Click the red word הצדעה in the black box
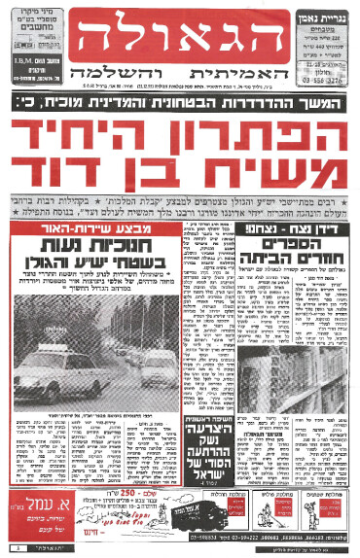tap(181, 436)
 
